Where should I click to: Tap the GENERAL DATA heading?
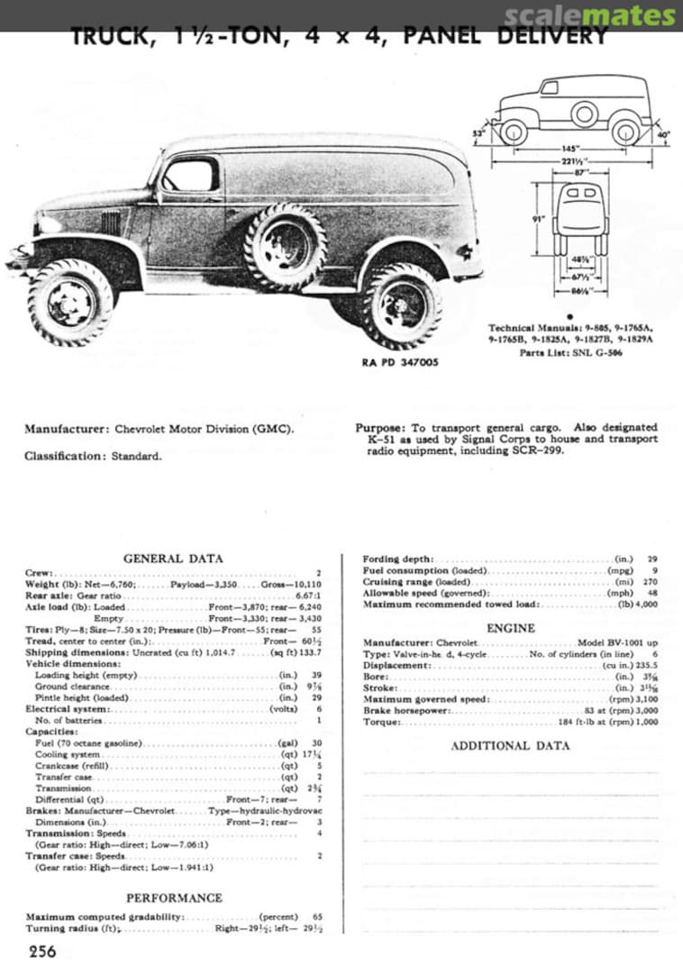(x=173, y=559)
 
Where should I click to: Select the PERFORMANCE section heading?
(x=173, y=898)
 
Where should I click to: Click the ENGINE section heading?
(x=510, y=628)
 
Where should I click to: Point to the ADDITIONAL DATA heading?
(x=510, y=746)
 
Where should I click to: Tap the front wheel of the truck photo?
(x=70, y=303)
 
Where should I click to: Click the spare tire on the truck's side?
(x=284, y=246)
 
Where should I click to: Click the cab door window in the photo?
(x=190, y=175)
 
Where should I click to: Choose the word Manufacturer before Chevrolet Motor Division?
(x=67, y=429)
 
